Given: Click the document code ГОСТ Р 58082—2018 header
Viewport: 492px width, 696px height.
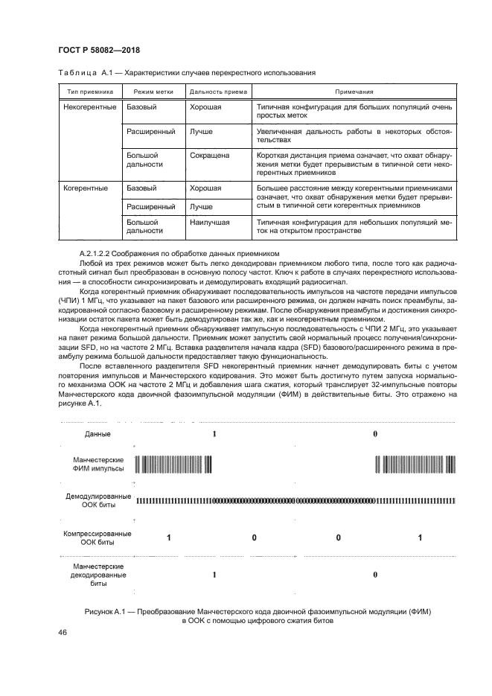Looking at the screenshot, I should (99, 51).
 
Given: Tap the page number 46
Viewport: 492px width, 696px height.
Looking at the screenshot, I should (63, 632).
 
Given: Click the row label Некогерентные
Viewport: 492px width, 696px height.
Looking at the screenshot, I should (90, 107).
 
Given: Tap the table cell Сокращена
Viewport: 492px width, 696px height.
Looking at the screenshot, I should (210, 156).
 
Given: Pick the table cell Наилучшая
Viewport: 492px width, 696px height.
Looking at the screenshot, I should (210, 222).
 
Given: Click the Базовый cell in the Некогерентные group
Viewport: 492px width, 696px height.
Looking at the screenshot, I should (141, 107).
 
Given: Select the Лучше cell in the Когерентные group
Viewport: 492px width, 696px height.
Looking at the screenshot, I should (202, 206).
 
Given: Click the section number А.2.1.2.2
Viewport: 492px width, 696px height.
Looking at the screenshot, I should (102, 254).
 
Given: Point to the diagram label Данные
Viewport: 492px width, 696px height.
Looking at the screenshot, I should (98, 433).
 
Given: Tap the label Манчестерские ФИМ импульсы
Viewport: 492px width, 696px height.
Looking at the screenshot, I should (98, 465).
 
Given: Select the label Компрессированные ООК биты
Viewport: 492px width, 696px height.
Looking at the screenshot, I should (98, 538).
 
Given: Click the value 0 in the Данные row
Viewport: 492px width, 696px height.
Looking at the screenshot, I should (375, 433).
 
